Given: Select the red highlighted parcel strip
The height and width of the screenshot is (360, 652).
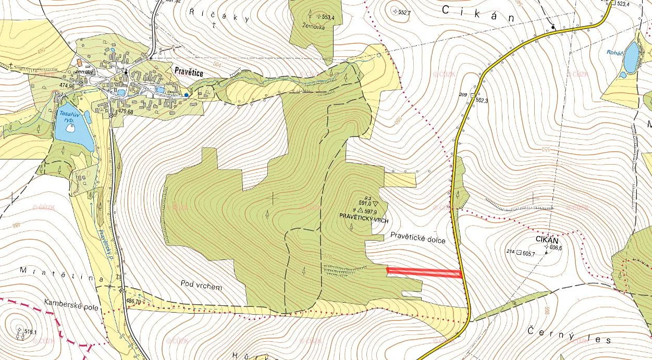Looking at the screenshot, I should pyautogui.click(x=424, y=271).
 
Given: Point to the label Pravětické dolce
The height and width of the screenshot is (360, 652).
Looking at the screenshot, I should pyautogui.click(x=418, y=235).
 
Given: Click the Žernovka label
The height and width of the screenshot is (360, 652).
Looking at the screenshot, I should pyautogui.click(x=313, y=27).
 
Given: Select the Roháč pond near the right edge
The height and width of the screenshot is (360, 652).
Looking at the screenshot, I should pyautogui.click(x=632, y=57).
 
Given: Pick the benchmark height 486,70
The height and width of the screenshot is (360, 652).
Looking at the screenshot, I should pyautogui.click(x=133, y=301).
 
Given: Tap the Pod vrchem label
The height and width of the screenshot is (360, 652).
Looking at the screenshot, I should pyautogui.click(x=201, y=286).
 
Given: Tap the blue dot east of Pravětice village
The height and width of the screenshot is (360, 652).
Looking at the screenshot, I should pyautogui.click(x=186, y=95).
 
